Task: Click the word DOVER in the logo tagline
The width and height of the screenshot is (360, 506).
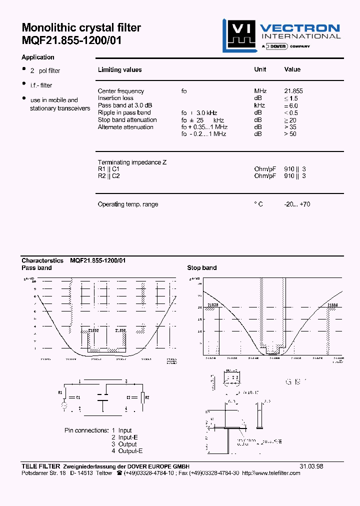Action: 277,46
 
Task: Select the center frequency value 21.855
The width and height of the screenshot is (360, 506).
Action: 293,91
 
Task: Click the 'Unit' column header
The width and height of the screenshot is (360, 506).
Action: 260,69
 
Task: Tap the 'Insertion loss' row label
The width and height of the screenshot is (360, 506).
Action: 115,98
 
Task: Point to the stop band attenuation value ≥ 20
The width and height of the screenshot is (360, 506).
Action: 290,120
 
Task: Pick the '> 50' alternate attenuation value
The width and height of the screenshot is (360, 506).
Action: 290,134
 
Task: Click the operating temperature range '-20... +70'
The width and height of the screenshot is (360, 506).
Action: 297,204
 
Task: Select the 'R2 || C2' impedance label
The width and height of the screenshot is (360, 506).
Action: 108,176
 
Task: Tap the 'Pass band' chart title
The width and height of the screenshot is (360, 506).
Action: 36,268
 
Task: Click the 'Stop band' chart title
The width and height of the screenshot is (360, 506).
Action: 202,268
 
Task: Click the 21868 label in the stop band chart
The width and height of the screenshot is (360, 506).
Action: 333,305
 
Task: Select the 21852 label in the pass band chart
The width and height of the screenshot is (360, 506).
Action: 93,330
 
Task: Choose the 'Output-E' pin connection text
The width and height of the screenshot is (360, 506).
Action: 130,451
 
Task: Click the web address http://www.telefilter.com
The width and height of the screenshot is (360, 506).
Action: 271,473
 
